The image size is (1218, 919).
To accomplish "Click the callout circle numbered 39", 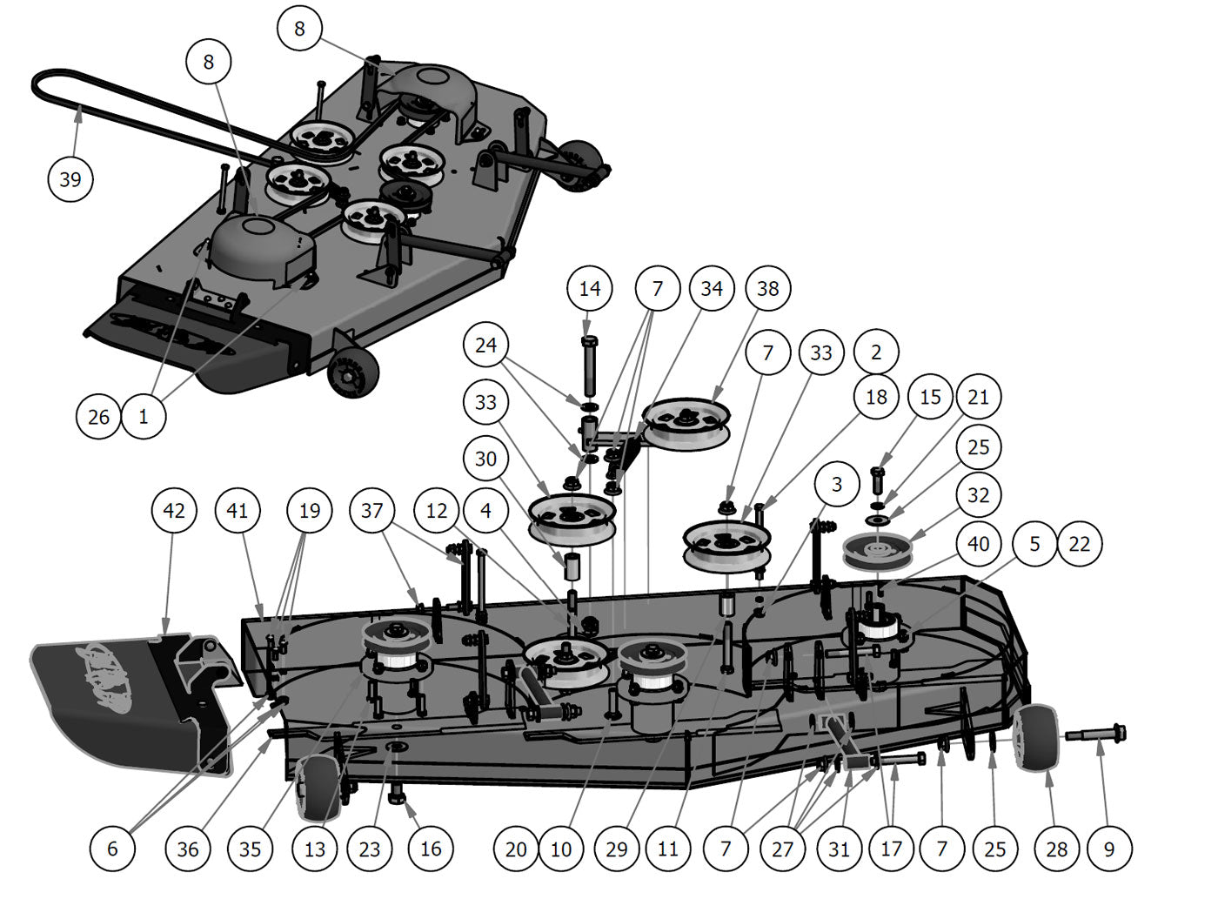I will tap(70, 179).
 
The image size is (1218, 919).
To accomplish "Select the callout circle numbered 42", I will tap(174, 511).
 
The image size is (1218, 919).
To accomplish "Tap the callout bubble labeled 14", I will tap(590, 289).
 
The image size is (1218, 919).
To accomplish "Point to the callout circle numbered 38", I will tap(767, 289).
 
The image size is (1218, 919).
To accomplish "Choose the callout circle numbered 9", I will tap(1108, 849).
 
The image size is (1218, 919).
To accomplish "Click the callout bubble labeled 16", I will tap(431, 849).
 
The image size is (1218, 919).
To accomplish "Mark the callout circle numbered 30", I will tap(485, 459).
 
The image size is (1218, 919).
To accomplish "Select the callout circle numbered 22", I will tap(1079, 544).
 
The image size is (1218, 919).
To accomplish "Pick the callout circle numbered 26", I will tap(98, 417).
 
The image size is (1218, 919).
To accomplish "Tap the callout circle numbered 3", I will tap(837, 485).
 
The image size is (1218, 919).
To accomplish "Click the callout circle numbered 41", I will tap(238, 511).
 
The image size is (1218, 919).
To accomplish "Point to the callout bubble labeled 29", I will tap(616, 849).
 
